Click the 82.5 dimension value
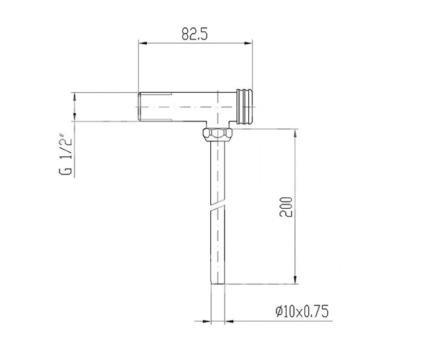(x=194, y=34)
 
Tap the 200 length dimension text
(x=286, y=207)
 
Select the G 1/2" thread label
(x=66, y=154)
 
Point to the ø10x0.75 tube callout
(x=302, y=311)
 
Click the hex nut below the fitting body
(x=217, y=134)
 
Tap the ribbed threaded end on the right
(x=245, y=107)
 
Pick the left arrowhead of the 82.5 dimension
(x=143, y=43)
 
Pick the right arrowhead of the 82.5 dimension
(x=248, y=43)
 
